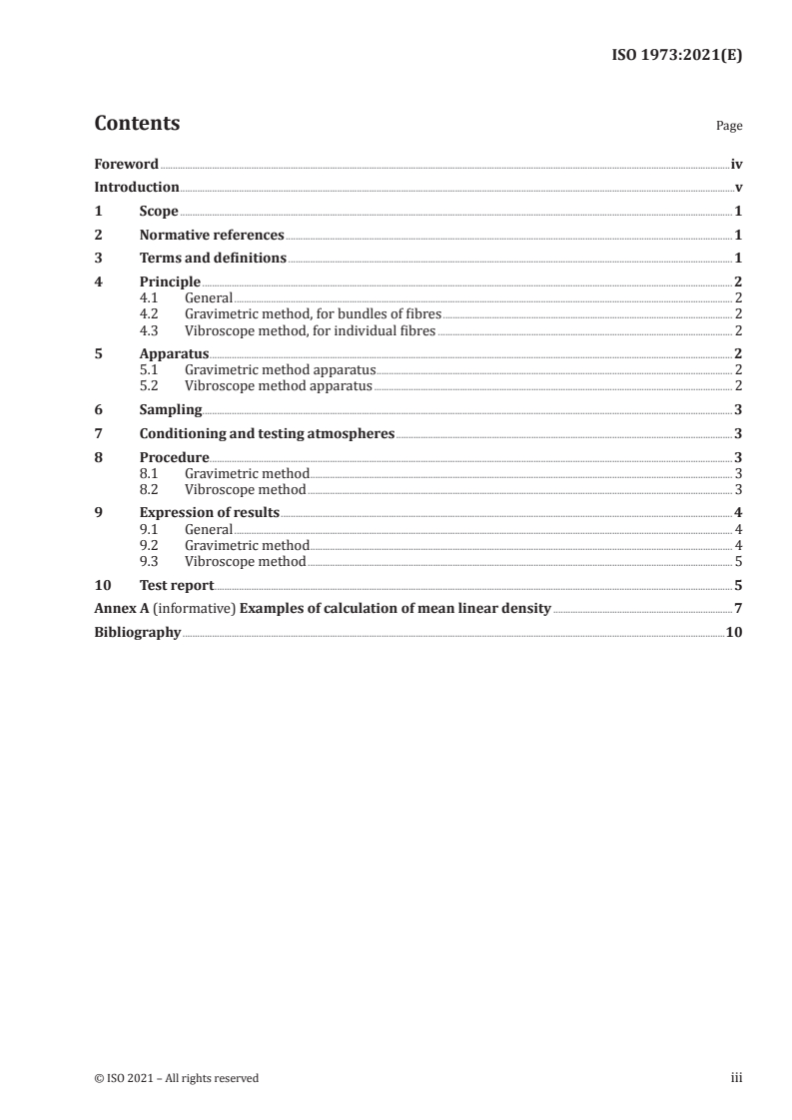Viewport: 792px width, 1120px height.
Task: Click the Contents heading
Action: (x=137, y=124)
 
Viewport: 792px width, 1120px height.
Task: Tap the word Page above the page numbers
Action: (x=729, y=127)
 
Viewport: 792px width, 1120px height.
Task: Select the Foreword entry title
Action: (x=126, y=164)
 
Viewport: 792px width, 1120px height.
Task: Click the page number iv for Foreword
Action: (x=736, y=164)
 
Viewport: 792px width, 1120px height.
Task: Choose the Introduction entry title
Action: (x=137, y=187)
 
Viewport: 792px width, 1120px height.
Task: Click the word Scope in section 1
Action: (x=159, y=212)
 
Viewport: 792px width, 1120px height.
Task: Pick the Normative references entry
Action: (x=212, y=236)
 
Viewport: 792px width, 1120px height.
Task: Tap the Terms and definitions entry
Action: (x=213, y=259)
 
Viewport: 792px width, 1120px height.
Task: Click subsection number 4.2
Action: (x=149, y=314)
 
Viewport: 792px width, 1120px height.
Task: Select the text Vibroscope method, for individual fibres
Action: (x=310, y=330)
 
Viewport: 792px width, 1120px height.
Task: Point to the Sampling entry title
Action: (x=171, y=409)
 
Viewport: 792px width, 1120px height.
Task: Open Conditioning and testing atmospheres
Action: (x=267, y=433)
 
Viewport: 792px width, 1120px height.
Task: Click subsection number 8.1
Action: (x=149, y=473)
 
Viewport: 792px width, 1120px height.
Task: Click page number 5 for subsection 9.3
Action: (x=738, y=562)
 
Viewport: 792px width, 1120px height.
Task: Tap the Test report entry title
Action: (x=177, y=585)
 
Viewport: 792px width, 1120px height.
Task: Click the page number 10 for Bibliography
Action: (x=734, y=633)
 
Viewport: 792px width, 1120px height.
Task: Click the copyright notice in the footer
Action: (x=176, y=1078)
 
